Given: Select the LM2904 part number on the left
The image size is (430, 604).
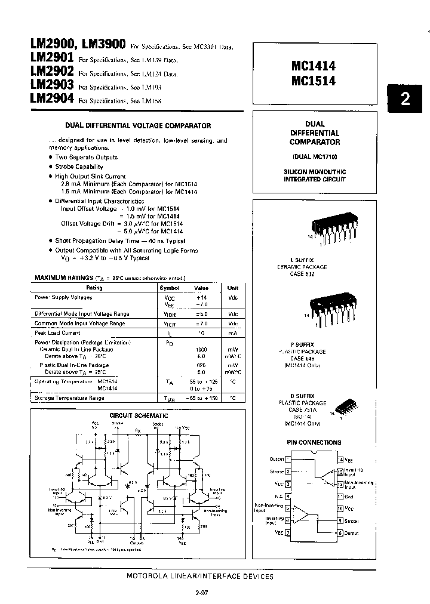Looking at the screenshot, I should [51, 99].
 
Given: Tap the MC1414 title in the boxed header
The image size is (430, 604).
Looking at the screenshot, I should [312, 68].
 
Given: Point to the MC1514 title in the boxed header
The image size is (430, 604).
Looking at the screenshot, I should [312, 81].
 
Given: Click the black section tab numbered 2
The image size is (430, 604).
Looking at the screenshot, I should [406, 99].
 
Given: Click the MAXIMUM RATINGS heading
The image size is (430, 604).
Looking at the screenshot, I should [64, 278].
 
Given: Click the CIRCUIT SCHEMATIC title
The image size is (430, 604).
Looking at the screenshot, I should [139, 415].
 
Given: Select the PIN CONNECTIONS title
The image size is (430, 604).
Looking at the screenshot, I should [315, 442].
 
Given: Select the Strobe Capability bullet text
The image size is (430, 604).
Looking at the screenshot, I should [79, 167].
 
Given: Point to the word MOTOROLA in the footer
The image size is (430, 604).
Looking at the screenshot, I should [148, 577].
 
